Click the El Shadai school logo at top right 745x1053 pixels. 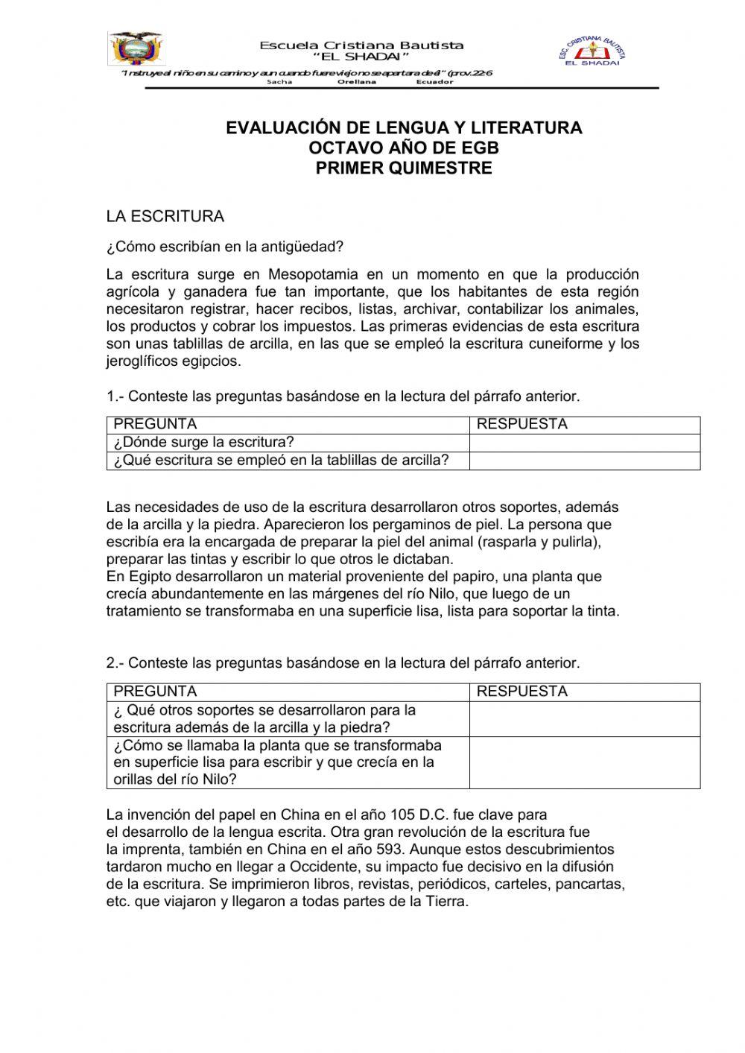(x=592, y=51)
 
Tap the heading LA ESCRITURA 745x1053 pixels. (x=165, y=217)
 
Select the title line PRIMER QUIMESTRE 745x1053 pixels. (x=404, y=168)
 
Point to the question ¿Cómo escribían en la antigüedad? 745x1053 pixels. (x=224, y=247)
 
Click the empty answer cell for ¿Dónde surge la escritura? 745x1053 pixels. (x=585, y=443)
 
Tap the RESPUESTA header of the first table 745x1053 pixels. (x=521, y=425)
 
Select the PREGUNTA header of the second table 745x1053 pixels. (x=155, y=692)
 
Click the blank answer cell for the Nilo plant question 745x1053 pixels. (x=585, y=762)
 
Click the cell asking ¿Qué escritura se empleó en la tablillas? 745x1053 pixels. (x=282, y=461)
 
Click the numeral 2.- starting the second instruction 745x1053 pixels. (x=115, y=663)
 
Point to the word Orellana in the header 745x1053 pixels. (x=357, y=82)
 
